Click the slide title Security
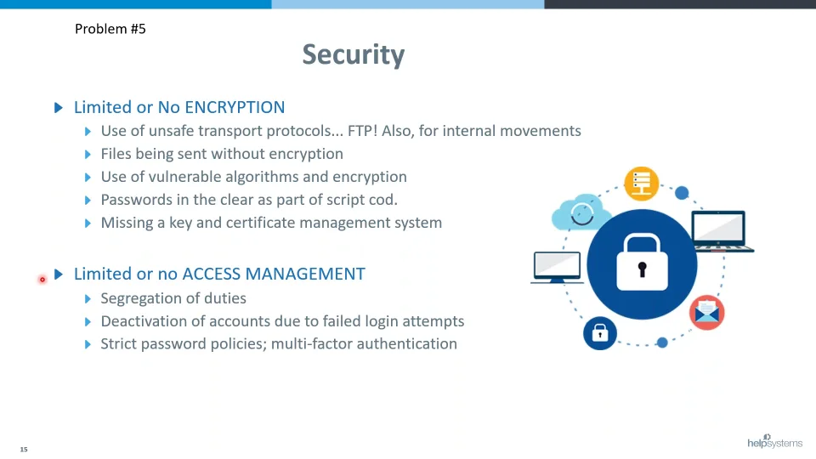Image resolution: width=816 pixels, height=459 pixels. [x=354, y=54]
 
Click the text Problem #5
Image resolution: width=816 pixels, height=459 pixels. [x=110, y=29]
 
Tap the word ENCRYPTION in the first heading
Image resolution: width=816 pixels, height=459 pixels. [x=235, y=107]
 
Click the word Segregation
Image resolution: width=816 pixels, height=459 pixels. [x=136, y=298]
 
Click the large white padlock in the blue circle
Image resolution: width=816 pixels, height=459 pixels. [x=643, y=263]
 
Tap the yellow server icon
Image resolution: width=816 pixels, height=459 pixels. [x=641, y=184]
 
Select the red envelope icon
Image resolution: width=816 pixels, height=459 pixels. [x=706, y=312]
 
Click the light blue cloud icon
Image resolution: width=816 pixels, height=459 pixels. [x=581, y=212]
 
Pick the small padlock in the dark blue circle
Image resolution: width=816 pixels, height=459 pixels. [x=600, y=333]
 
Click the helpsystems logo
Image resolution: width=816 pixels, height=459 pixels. [x=775, y=441]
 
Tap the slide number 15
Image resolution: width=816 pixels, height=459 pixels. [x=24, y=449]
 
